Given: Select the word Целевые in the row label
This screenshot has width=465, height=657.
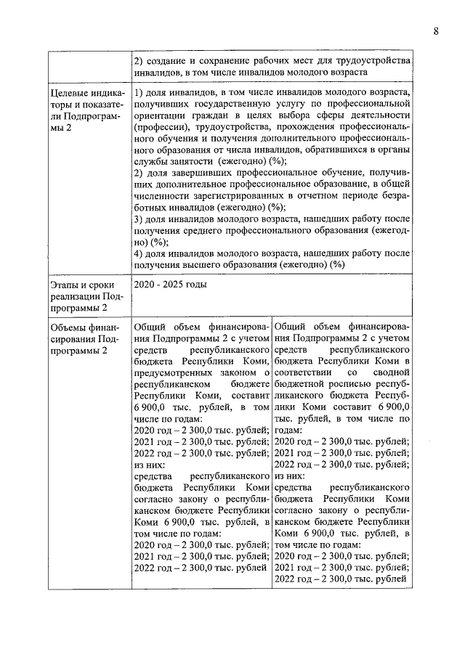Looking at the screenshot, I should pyautogui.click(x=69, y=94).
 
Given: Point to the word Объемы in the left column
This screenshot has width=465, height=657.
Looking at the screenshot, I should pyautogui.click(x=68, y=326).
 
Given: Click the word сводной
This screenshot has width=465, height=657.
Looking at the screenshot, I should pyautogui.click(x=390, y=372).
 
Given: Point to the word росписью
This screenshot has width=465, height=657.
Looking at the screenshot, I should pyautogui.click(x=352, y=384).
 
